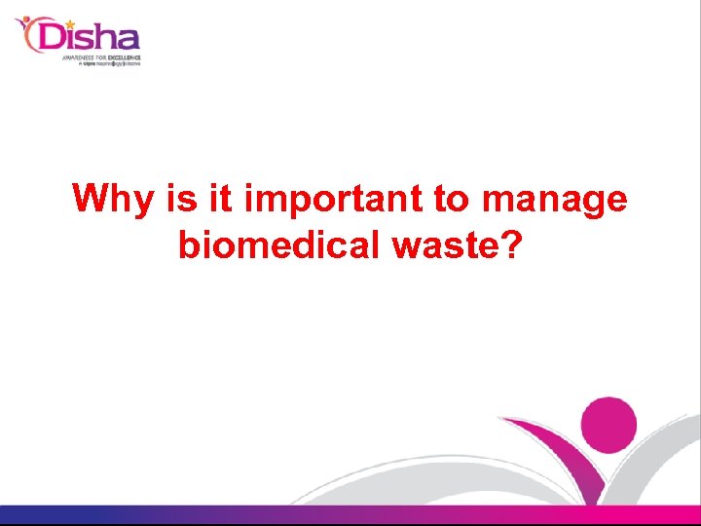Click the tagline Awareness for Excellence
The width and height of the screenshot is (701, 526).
click(x=101, y=57)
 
